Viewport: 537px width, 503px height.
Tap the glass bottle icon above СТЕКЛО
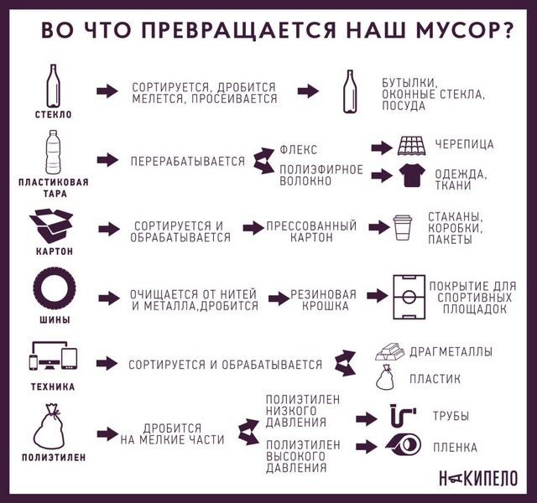coord(53,86)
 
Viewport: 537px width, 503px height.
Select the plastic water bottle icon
coord(53,153)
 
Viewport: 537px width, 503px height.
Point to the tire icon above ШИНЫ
coord(54,290)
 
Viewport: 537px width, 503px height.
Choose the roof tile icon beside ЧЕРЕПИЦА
coord(412,146)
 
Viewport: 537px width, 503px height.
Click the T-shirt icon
coord(412,175)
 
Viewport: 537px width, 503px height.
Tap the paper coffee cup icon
coord(403,227)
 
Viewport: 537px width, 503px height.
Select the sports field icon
coord(409,297)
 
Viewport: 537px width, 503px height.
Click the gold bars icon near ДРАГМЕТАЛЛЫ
coord(390,351)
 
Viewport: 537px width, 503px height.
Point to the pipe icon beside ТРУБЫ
coord(404,416)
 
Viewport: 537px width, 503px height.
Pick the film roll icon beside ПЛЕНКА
coord(404,445)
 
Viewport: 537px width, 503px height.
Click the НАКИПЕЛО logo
coord(478,478)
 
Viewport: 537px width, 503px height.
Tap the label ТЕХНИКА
coord(53,387)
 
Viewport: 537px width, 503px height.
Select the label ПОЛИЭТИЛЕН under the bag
coord(54,457)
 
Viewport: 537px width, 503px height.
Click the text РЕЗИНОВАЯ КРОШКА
coord(324,300)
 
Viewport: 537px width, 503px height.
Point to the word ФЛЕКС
coord(299,150)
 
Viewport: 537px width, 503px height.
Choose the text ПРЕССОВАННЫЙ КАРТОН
coord(311,231)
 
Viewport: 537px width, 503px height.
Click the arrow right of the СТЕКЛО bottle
coord(107,91)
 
